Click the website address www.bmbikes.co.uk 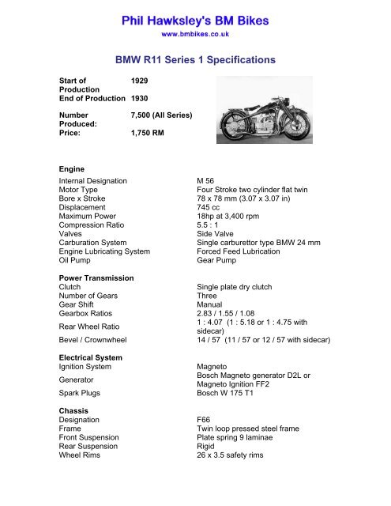195,35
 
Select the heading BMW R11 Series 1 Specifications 195,59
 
